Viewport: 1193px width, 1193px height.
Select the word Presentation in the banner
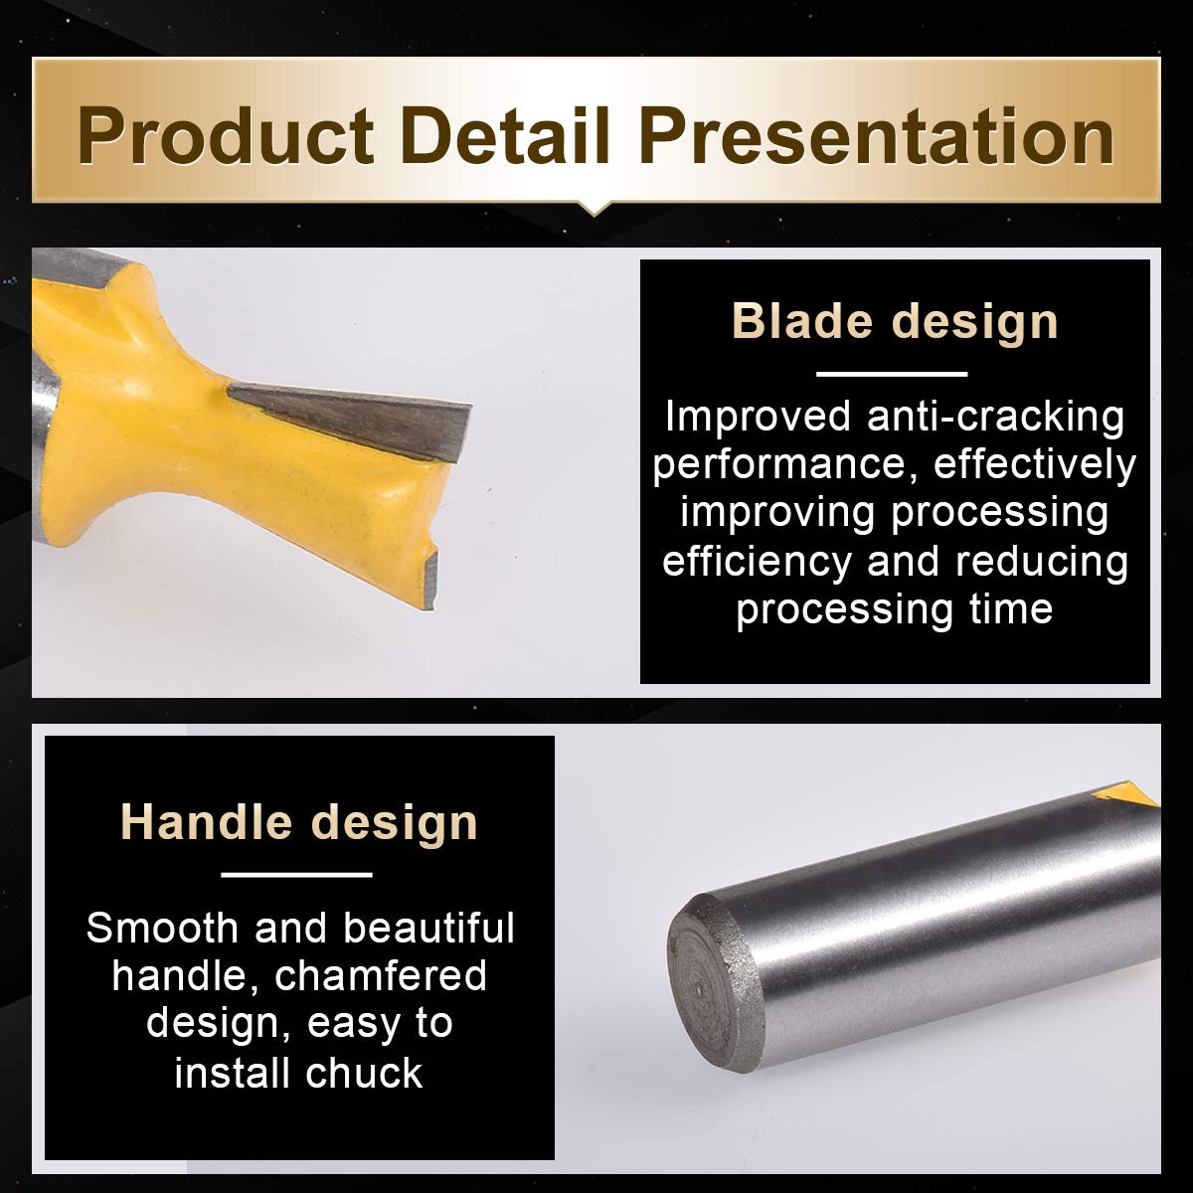point(876,136)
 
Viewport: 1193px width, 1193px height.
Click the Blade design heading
point(895,322)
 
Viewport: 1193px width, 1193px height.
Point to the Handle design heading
point(299,822)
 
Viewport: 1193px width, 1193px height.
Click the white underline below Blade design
point(892,374)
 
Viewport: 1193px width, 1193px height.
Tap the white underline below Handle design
point(297,875)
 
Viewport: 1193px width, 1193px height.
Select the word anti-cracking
point(995,416)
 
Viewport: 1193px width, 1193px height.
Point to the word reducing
point(1041,562)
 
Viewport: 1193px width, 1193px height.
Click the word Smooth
point(162,928)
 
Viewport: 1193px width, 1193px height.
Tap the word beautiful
point(428,928)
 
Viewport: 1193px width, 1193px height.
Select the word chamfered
point(380,976)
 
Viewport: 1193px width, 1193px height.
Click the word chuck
point(364,1073)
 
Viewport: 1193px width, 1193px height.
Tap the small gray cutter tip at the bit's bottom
point(430,579)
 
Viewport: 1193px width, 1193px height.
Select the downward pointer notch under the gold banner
point(595,209)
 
